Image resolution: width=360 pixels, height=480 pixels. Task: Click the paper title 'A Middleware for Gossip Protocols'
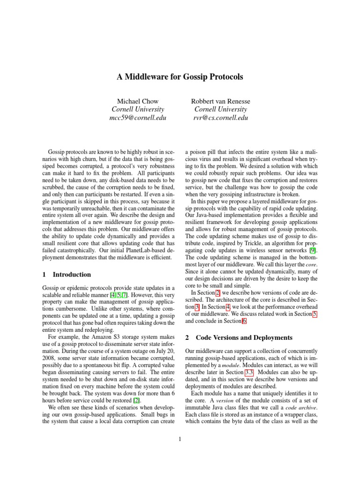click(180, 76)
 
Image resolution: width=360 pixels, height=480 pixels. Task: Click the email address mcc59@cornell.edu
click(137, 118)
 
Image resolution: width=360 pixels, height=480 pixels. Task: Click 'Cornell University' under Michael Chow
click(137, 109)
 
